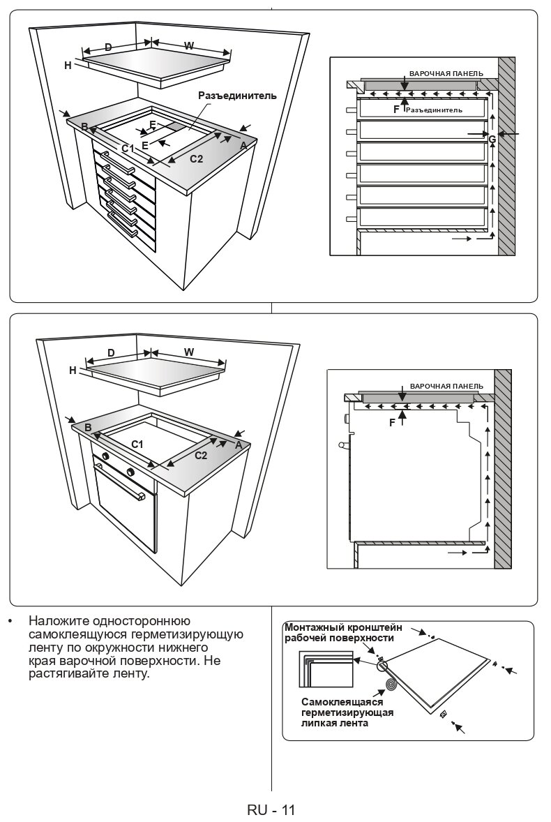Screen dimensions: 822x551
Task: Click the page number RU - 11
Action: point(271,809)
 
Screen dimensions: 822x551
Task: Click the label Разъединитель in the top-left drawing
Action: point(237,96)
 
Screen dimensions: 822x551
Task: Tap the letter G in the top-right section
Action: point(492,139)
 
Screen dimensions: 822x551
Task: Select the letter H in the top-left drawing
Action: point(68,66)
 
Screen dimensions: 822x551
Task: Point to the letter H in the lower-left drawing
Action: point(73,371)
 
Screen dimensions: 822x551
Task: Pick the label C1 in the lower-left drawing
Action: point(137,444)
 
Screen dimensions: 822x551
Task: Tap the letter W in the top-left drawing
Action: point(189,45)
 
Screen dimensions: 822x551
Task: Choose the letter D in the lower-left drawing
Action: point(111,352)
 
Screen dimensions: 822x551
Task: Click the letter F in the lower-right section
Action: point(392,422)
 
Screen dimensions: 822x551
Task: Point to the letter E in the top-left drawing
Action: point(145,145)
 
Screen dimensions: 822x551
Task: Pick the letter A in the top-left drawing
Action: point(243,146)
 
